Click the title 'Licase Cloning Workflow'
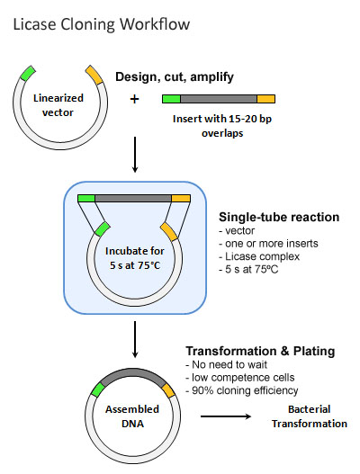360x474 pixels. tap(102, 24)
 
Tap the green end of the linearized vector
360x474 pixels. tap(28, 73)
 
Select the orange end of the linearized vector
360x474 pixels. tap(94, 75)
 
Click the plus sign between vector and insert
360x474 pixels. tap(134, 99)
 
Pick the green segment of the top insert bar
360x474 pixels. tap(172, 99)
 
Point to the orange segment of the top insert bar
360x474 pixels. tap(265, 99)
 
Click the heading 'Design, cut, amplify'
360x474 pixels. tap(175, 77)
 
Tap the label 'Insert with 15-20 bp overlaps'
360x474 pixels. tap(222, 126)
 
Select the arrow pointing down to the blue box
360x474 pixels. tap(135, 155)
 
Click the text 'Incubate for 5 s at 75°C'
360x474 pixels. tap(135, 258)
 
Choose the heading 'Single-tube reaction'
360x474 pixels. tap(279, 217)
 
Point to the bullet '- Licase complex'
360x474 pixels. tap(259, 256)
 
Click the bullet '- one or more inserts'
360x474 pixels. tap(268, 244)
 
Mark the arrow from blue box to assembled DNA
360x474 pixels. tap(135, 339)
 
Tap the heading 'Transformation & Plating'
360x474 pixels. tap(260, 351)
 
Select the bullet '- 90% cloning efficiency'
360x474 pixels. tap(242, 390)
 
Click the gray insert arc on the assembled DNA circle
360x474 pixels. tap(133, 375)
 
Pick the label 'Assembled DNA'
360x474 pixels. tap(132, 416)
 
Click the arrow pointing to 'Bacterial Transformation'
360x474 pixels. tap(226, 416)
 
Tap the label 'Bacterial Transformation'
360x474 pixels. tap(310, 416)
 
